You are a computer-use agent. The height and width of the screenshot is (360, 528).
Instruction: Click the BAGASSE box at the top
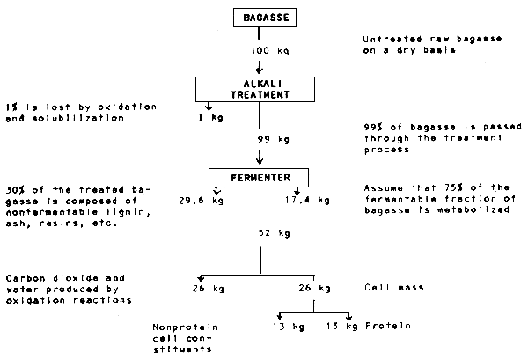tap(260, 17)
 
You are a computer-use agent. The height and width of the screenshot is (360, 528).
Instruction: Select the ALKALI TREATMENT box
tap(260, 88)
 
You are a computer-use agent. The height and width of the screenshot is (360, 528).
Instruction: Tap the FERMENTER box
tap(260, 177)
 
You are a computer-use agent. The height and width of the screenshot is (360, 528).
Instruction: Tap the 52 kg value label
tap(271, 233)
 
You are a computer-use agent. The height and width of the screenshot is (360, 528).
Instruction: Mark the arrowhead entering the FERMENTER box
tap(260, 162)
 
